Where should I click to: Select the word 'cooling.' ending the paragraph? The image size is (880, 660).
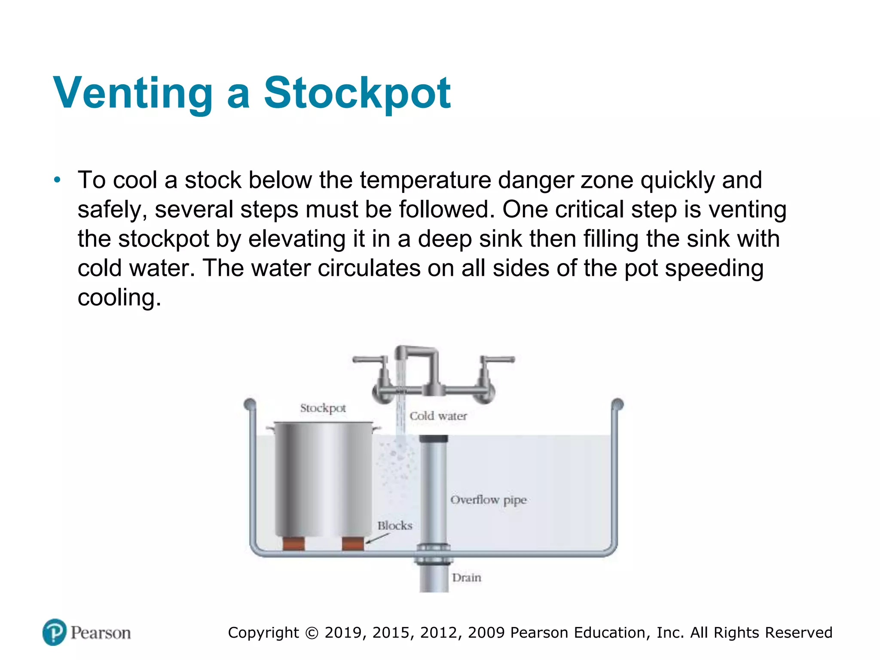pos(119,297)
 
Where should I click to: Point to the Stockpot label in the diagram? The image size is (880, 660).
pos(323,408)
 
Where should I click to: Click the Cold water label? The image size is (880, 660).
pos(438,416)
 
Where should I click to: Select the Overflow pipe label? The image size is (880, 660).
pos(488,500)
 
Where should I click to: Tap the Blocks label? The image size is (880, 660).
pos(394,526)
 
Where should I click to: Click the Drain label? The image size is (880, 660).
pos(466,577)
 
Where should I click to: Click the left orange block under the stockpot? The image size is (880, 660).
pos(293,544)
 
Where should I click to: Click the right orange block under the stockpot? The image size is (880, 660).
pos(353,544)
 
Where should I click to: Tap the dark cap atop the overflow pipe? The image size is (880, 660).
pos(434,439)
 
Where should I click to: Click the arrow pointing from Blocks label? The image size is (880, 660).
pos(377,538)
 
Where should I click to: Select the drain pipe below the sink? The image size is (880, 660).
pos(434,578)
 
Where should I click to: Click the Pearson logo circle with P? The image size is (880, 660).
pos(55,632)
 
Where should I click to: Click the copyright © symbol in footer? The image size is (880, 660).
pos(312,633)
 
